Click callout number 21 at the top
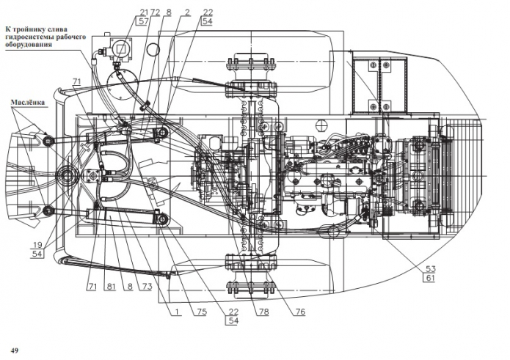(x=144, y=12)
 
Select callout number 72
(x=155, y=12)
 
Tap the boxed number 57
(x=143, y=21)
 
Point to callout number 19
(x=37, y=245)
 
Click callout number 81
(x=111, y=287)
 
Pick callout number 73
(x=147, y=287)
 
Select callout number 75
(x=202, y=312)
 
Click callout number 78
(x=263, y=312)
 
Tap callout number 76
(x=300, y=312)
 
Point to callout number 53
(x=430, y=268)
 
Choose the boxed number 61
(x=430, y=278)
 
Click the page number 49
(x=15, y=350)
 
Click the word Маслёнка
(x=28, y=103)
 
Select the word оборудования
(x=29, y=44)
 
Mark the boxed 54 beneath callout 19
(x=37, y=254)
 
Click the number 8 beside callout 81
(x=130, y=287)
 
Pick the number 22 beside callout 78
(x=233, y=312)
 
